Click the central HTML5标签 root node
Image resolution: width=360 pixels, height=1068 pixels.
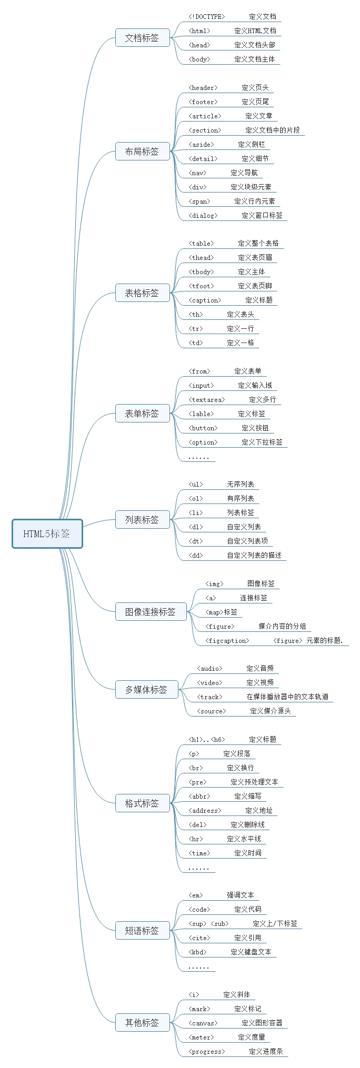(47, 533)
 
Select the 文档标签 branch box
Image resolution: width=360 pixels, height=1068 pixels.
(142, 38)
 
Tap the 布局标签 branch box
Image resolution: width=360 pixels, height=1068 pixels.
(142, 152)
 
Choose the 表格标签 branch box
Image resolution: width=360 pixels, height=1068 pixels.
(142, 293)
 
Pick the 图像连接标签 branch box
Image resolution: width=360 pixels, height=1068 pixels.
(151, 612)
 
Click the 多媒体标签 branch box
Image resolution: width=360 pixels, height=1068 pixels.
(146, 690)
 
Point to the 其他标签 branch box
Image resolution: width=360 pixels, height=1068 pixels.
(142, 1023)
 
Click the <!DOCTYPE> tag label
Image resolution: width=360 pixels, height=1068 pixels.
(206, 17)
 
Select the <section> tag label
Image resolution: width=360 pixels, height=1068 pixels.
(205, 130)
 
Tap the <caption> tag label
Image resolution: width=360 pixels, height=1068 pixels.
(205, 300)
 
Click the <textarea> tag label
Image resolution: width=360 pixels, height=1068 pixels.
(206, 400)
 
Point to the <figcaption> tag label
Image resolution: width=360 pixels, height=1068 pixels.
(227, 641)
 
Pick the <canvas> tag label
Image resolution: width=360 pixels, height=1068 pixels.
(203, 1023)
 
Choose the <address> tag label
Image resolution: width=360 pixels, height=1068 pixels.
(205, 811)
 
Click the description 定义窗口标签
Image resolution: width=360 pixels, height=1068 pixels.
(262, 216)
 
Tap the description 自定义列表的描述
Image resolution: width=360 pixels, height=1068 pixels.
(254, 556)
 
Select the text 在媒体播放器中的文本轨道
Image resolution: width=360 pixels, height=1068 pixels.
(287, 697)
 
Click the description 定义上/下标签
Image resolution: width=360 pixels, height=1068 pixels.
(275, 924)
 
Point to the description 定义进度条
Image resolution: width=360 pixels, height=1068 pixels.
(266, 1052)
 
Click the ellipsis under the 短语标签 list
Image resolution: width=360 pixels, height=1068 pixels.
(198, 967)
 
